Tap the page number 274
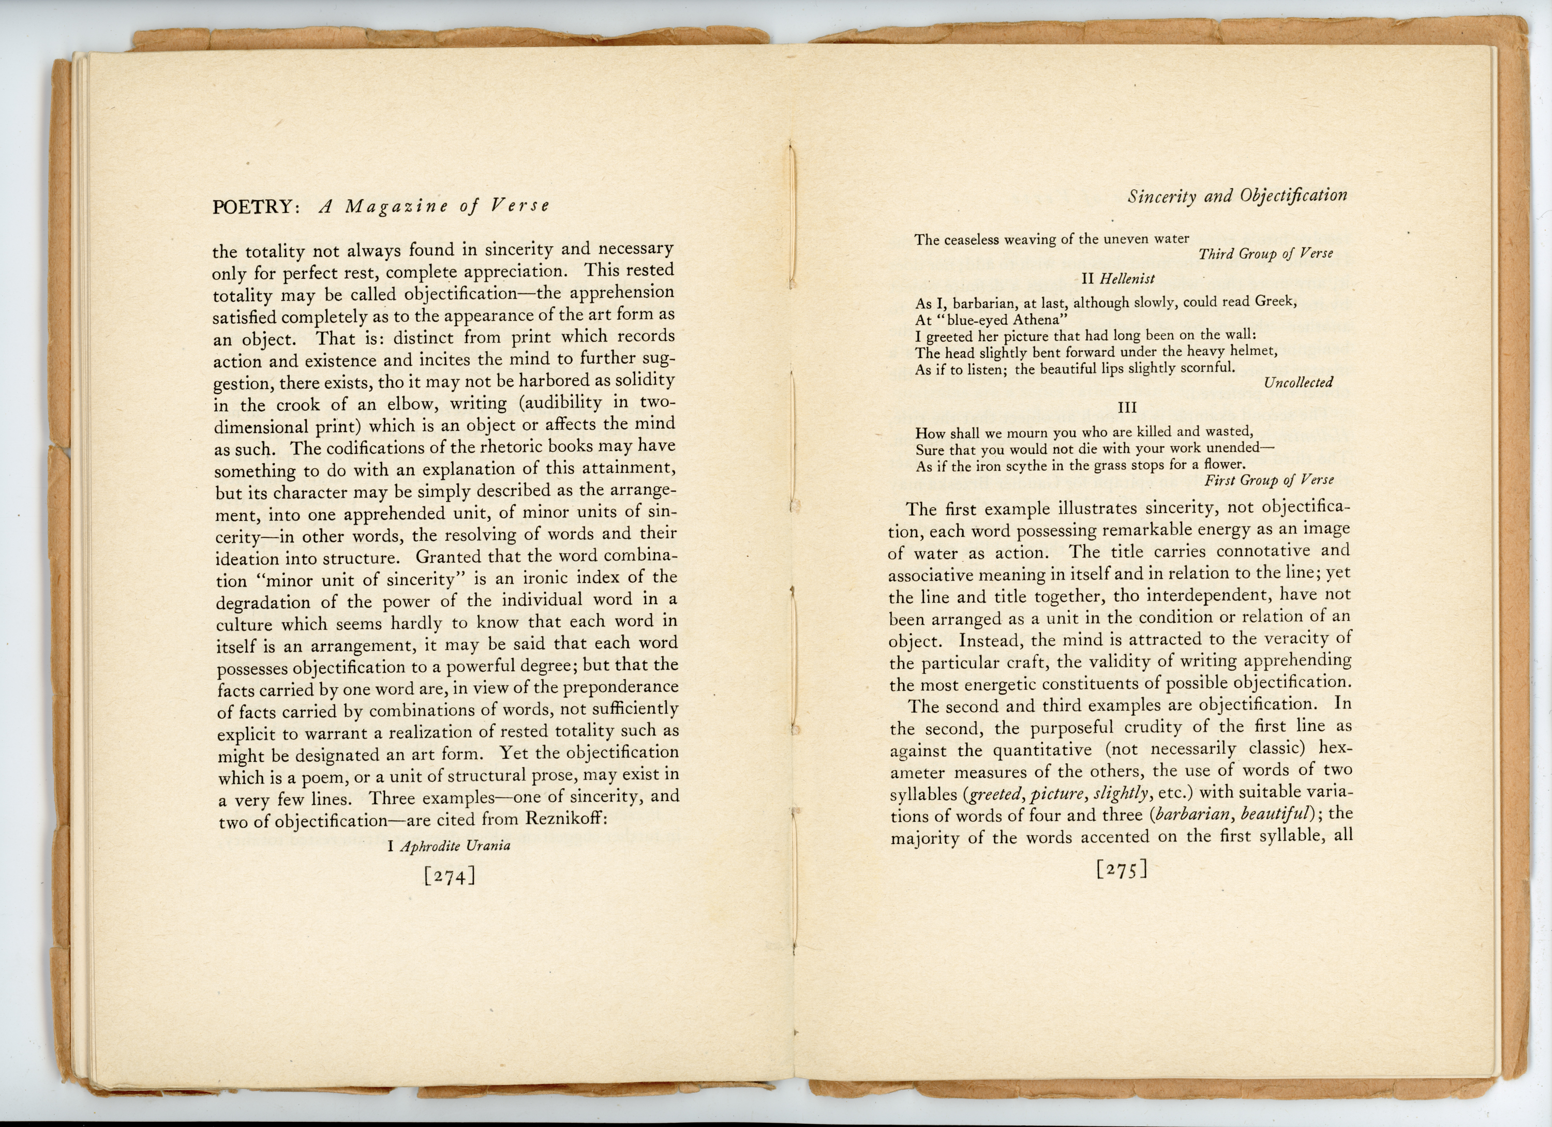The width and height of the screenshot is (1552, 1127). tap(450, 876)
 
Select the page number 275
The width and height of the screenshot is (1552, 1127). tap(1121, 869)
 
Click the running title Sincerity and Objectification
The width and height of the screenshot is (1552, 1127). tap(1237, 197)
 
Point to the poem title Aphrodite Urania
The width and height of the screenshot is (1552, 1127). tap(455, 846)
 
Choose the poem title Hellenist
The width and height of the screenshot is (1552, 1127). tap(1127, 278)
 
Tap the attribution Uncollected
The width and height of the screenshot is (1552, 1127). tap(1298, 383)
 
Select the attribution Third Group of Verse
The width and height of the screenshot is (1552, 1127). tap(1265, 254)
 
